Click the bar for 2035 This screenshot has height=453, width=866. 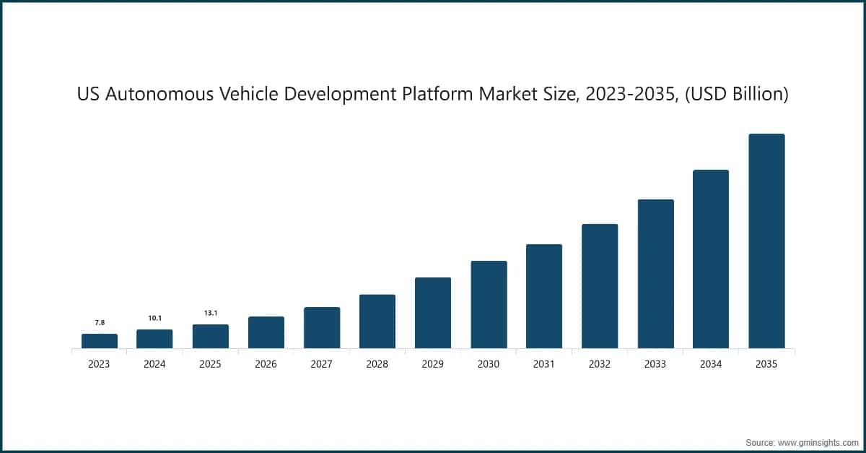[766, 241]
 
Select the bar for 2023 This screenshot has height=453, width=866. [99, 341]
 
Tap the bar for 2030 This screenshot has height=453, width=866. [489, 305]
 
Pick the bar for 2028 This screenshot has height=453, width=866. [377, 322]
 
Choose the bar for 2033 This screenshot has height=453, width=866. [655, 274]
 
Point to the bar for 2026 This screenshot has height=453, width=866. [266, 332]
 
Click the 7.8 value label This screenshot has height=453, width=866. [99, 322]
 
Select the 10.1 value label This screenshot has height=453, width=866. [154, 318]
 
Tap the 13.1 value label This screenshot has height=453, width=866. [210, 313]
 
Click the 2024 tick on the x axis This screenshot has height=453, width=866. [154, 365]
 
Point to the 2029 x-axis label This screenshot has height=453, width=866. [433, 365]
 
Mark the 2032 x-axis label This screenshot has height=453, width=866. [600, 365]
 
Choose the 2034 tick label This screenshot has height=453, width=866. [711, 365]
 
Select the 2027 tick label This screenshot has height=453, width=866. [321, 365]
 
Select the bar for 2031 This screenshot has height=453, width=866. [544, 296]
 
